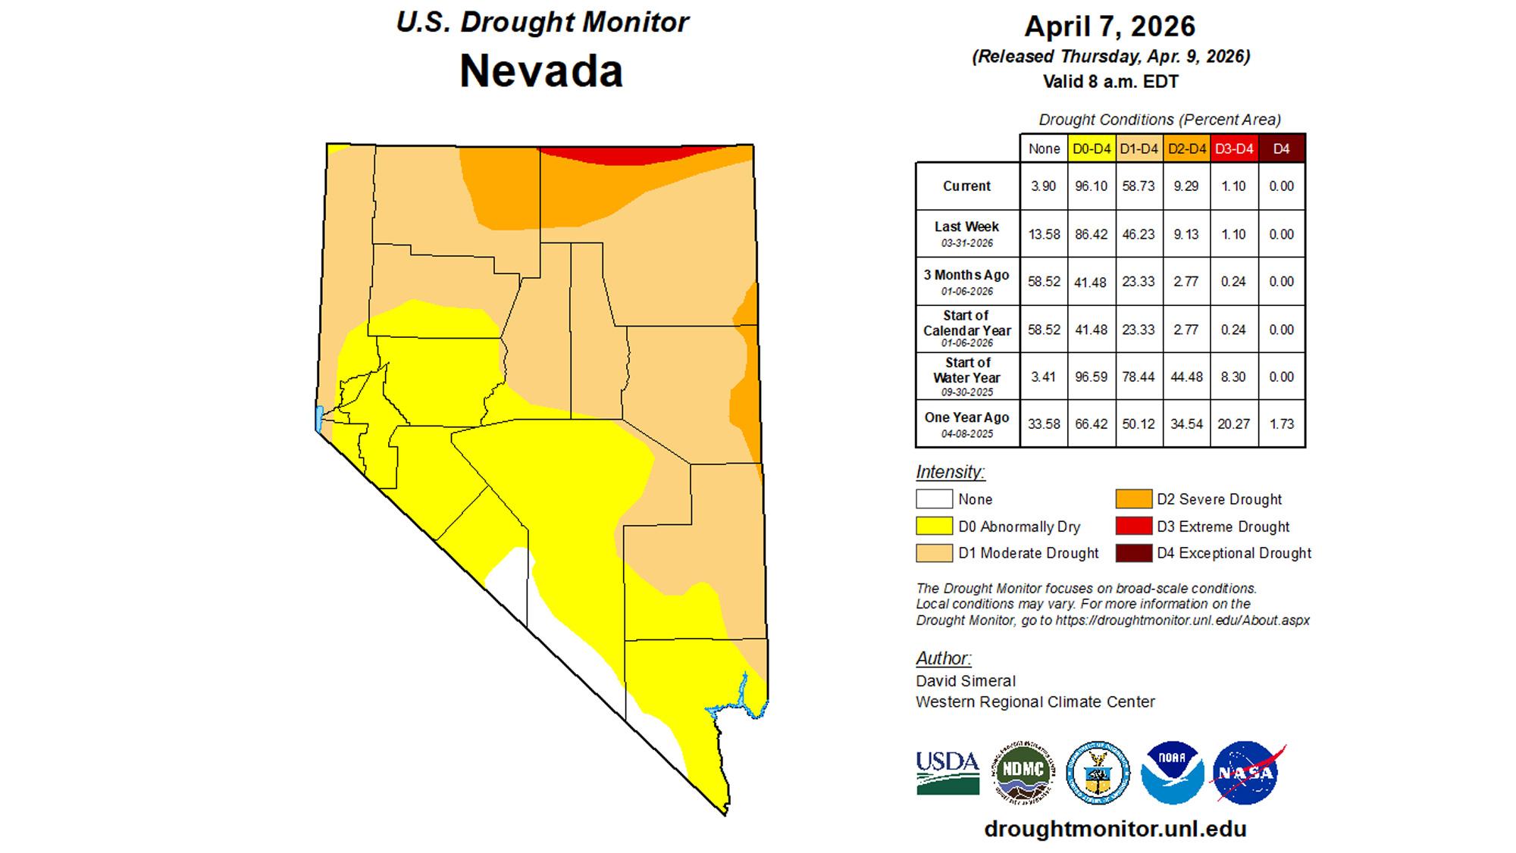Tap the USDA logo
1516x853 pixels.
[x=947, y=773]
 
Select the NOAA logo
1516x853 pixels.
[x=1172, y=773]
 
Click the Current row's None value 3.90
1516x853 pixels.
[x=1043, y=186]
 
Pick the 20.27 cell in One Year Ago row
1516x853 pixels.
[x=1233, y=424]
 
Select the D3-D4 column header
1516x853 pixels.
[x=1234, y=149]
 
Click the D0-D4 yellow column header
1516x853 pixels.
[x=1091, y=149]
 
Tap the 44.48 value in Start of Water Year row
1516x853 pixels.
[x=1186, y=377]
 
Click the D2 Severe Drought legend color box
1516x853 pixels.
[x=1133, y=499]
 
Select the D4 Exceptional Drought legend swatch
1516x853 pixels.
[x=1133, y=554]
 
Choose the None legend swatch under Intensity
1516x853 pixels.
[x=934, y=499]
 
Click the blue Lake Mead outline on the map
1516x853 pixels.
[x=747, y=693]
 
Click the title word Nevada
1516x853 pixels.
[x=541, y=71]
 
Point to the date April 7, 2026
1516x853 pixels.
[x=1110, y=27]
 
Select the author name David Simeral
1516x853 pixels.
[x=966, y=681]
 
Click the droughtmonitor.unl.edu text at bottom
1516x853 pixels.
[x=1115, y=829]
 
